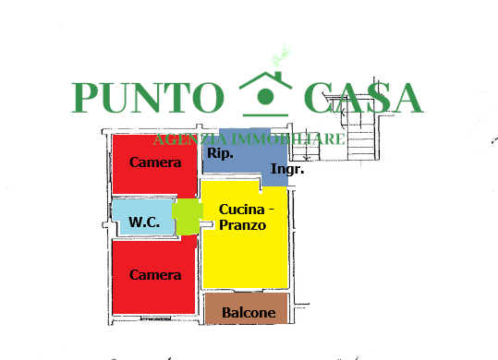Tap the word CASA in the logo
pos(363,98)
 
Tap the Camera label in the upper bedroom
pos(155,163)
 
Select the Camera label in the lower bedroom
pos(155,275)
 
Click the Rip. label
pos(220,154)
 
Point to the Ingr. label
pos(284,170)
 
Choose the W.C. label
pos(145,222)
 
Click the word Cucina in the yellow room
pos(242,210)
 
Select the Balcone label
pos(249,313)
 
